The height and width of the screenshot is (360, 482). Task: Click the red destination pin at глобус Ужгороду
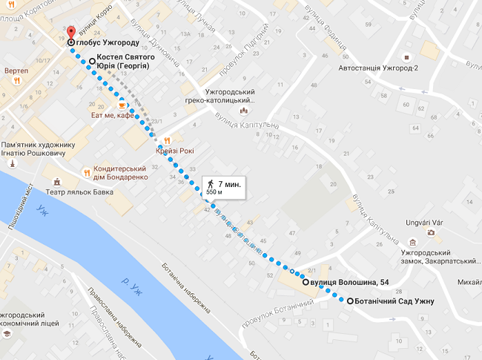point(71,33)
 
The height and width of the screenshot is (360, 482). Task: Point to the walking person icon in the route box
point(211,183)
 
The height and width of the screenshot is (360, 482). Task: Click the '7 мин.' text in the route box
point(229,183)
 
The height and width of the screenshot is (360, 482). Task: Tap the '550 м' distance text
point(214,192)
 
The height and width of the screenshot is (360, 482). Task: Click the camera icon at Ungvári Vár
point(431,232)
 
